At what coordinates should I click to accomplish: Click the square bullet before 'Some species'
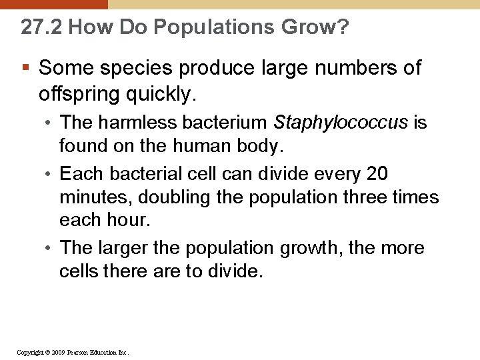point(26,68)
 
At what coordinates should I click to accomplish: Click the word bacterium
point(223,123)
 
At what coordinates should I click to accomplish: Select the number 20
point(377,174)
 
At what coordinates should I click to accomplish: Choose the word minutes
point(91,197)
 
